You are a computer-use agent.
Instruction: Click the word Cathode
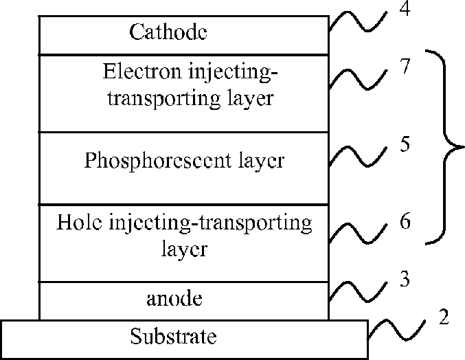tap(168, 32)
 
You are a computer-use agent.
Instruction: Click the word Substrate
tap(174, 337)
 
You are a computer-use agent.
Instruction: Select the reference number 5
tap(407, 146)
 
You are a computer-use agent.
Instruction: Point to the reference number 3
tap(406, 280)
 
